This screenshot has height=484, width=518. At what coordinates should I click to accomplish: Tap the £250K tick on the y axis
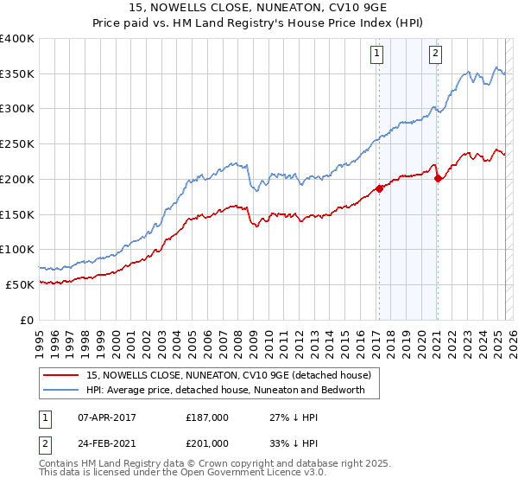(17, 143)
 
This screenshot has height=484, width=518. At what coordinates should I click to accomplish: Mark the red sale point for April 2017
(378, 188)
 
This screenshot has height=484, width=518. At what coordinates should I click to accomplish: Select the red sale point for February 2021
(438, 179)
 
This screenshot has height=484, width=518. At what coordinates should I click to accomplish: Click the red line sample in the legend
(60, 375)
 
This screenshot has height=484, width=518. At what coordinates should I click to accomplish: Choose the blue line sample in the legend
(60, 390)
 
